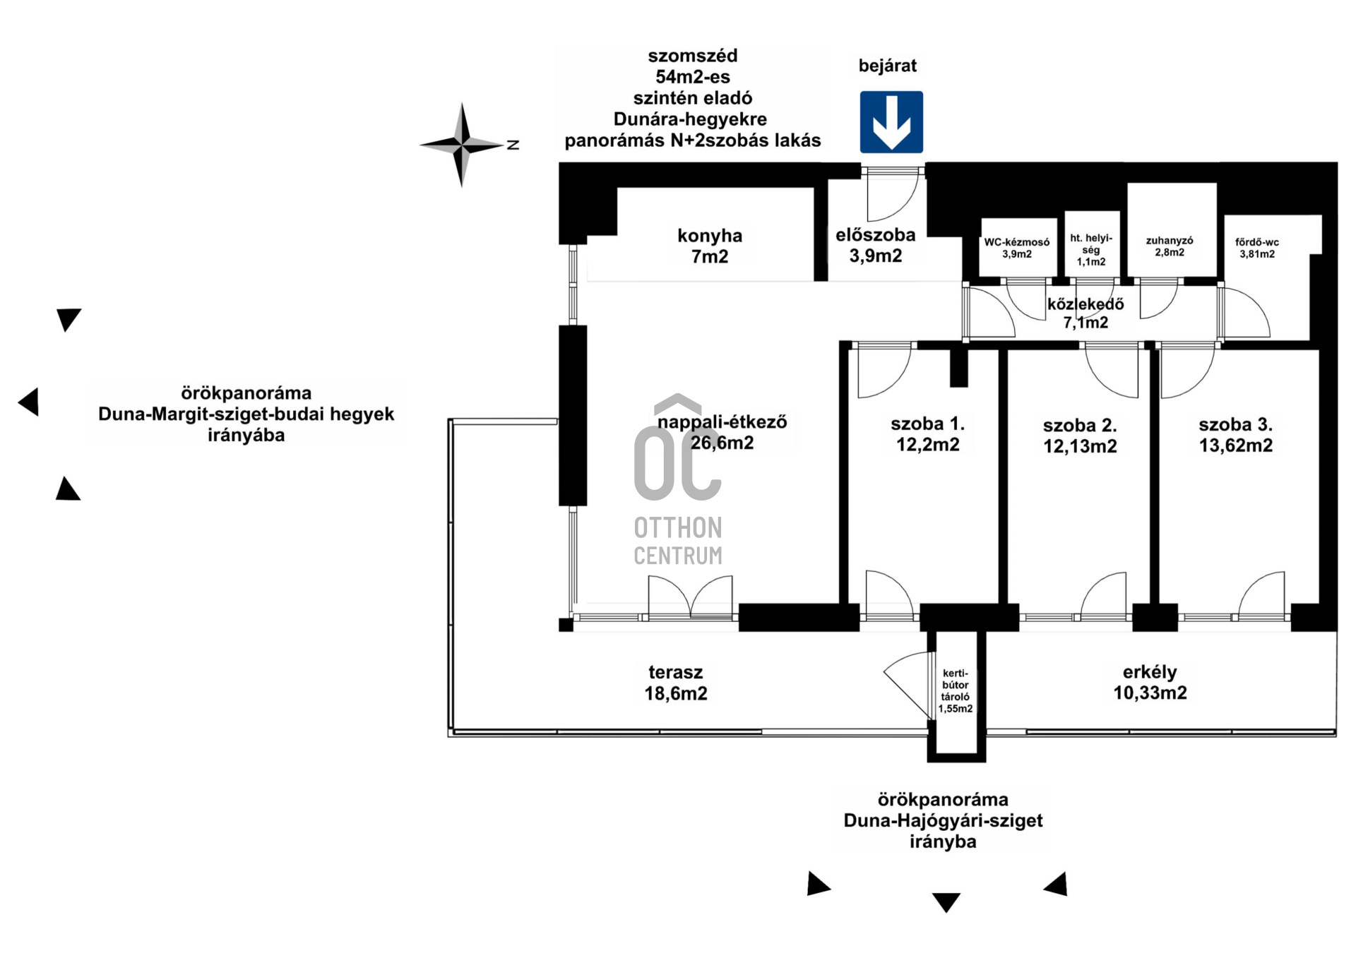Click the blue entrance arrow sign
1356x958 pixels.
(891, 122)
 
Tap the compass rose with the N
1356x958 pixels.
(463, 145)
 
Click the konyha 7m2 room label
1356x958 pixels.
(709, 246)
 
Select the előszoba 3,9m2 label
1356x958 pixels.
(875, 245)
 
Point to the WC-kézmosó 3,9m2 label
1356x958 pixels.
(1016, 248)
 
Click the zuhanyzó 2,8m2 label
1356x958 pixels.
(1169, 246)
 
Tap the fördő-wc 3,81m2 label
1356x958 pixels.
(1256, 248)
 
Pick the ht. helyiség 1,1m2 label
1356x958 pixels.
(1090, 250)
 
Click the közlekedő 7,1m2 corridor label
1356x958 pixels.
(1086, 313)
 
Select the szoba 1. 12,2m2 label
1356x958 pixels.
(927, 433)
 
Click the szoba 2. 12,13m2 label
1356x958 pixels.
(1080, 436)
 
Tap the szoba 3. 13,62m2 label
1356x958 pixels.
(1235, 435)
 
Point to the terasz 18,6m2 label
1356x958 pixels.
(675, 683)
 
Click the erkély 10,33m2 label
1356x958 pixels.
(1150, 682)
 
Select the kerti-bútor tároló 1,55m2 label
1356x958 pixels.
(955, 691)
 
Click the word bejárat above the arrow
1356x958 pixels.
(887, 66)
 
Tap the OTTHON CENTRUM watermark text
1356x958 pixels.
(678, 541)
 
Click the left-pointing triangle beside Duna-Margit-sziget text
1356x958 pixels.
(29, 402)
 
